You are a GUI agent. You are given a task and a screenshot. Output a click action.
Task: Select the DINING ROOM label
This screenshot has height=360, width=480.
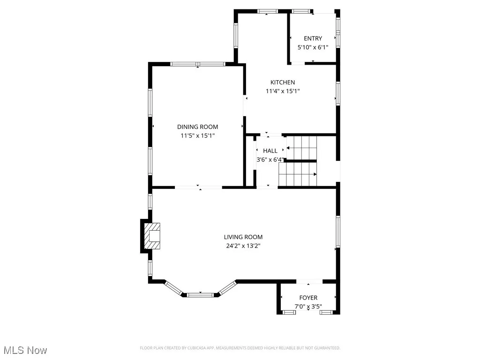[197, 127]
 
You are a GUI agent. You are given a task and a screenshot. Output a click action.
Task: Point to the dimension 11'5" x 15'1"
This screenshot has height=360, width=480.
[197, 135]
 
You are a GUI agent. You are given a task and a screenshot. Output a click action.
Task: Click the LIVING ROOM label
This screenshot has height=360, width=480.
[243, 237]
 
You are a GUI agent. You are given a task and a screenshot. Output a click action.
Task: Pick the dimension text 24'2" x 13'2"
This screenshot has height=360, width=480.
[243, 246]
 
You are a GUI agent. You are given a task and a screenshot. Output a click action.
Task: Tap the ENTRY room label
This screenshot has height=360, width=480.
[313, 38]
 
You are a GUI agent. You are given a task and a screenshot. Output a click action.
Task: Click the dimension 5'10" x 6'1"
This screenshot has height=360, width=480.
[313, 47]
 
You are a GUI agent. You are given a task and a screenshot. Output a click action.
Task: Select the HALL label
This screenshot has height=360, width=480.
[270, 151]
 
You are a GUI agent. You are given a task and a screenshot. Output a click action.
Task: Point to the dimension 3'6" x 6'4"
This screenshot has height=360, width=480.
[270, 160]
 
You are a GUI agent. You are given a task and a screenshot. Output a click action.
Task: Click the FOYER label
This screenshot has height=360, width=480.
[308, 298]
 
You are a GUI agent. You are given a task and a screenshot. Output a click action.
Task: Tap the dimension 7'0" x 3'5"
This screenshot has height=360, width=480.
[308, 307]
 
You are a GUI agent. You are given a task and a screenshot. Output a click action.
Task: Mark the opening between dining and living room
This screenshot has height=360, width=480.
[198, 187]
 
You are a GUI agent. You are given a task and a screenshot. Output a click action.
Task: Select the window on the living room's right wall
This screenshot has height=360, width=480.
[337, 231]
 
